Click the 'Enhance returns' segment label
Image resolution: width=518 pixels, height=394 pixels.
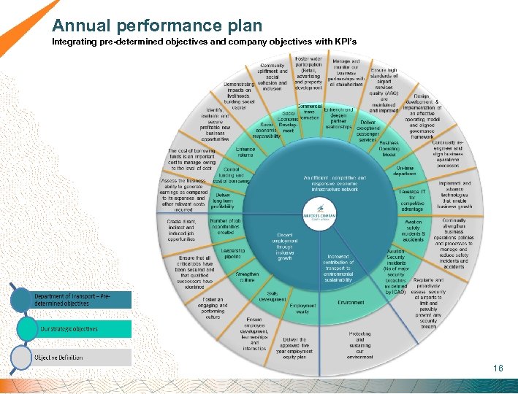(245, 152)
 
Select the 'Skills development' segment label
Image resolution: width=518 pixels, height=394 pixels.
(271, 295)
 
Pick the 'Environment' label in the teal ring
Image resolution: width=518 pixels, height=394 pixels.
(351, 301)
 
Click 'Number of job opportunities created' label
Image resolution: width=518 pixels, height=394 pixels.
(224, 226)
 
